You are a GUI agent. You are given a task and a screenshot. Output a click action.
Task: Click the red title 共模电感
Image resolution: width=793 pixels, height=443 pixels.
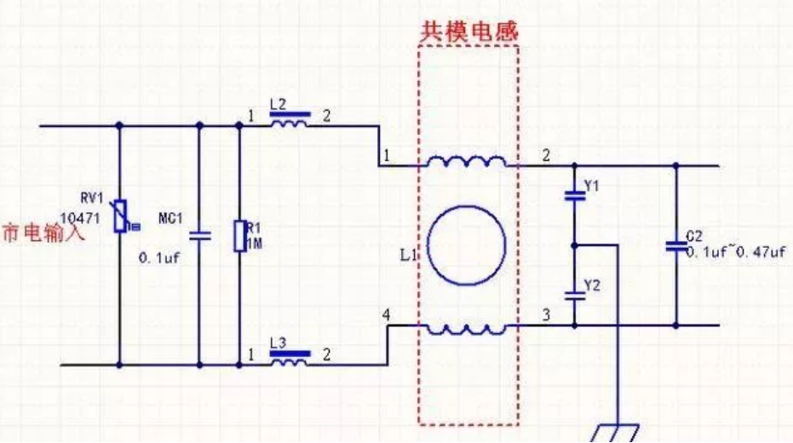point(468,29)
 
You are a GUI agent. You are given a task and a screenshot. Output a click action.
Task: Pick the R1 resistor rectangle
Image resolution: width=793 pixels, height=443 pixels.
point(239,236)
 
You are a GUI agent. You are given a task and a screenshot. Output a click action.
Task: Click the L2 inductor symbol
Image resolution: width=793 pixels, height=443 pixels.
point(290,124)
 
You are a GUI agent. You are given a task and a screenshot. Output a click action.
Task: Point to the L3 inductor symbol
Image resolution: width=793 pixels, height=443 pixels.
point(290,362)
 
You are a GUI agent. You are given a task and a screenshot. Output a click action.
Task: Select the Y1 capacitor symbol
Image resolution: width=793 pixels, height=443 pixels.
point(573,194)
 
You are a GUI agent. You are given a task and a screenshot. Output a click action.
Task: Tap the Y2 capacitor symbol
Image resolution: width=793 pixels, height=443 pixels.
point(573,295)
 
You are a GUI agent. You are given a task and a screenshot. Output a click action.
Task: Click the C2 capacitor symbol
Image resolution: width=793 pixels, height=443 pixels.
point(676,245)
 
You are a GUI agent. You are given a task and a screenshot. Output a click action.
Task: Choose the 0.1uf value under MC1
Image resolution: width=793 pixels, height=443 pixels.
point(159,256)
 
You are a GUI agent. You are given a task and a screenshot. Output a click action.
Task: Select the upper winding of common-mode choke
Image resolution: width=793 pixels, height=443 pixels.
point(467,163)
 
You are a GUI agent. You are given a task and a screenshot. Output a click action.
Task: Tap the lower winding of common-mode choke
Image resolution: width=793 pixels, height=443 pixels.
point(467,328)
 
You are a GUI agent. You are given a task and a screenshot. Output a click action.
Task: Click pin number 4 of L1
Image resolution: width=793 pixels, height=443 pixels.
point(388,315)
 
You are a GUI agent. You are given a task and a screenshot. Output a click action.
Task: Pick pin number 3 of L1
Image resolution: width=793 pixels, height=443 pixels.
point(546,315)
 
